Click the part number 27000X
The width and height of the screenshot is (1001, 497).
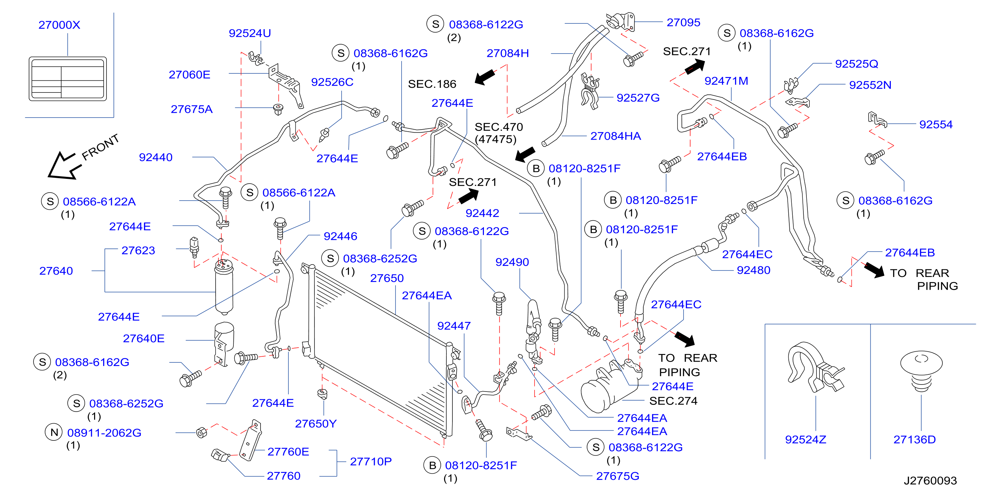pyautogui.click(x=59, y=25)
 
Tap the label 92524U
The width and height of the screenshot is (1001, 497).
pyautogui.click(x=250, y=33)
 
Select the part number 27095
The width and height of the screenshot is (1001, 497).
pyautogui.click(x=684, y=22)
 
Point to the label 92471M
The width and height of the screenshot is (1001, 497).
pyautogui.click(x=726, y=81)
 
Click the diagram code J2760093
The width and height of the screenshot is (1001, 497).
pyautogui.click(x=930, y=481)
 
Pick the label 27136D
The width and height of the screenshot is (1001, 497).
pyautogui.click(x=914, y=439)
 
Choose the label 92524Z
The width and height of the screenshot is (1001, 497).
pyautogui.click(x=805, y=439)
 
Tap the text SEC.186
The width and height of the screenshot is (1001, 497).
pyautogui.click(x=432, y=84)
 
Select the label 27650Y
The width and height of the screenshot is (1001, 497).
pyautogui.click(x=315, y=424)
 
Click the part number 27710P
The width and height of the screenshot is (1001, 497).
pyautogui.click(x=371, y=461)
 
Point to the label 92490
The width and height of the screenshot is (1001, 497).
pyautogui.click(x=512, y=262)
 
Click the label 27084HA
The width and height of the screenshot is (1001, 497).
pyautogui.click(x=616, y=136)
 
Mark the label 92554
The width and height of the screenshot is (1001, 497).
pyautogui.click(x=936, y=124)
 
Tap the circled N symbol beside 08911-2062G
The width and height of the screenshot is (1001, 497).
pyautogui.click(x=54, y=432)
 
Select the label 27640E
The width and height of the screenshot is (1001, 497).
pyautogui.click(x=144, y=339)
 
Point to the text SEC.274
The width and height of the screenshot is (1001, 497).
pyautogui.click(x=673, y=401)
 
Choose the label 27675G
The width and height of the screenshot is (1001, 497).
pyautogui.click(x=618, y=476)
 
